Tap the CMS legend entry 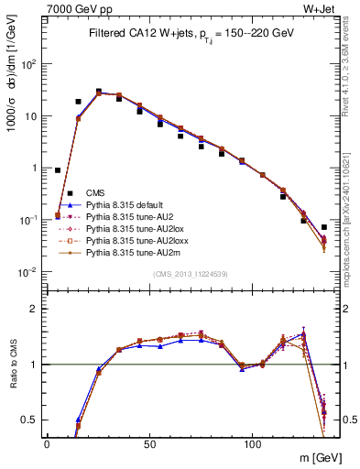pyautogui.click(x=96, y=192)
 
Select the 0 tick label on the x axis pyautogui.click(x=48, y=442)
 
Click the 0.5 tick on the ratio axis pyautogui.click(x=31, y=420)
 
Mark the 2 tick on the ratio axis pyautogui.click(x=35, y=309)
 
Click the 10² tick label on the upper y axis pyautogui.click(x=29, y=64)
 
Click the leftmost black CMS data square pyautogui.click(x=58, y=170)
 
